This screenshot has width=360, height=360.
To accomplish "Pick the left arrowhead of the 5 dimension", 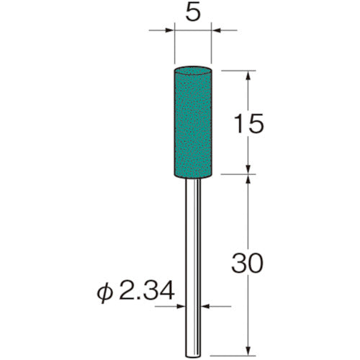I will [169, 31].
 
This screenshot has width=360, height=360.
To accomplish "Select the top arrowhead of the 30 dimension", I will [248, 178].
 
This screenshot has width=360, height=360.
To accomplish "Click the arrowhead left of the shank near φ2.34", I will [184, 305].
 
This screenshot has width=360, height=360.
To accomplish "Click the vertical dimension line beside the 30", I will [248, 216].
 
